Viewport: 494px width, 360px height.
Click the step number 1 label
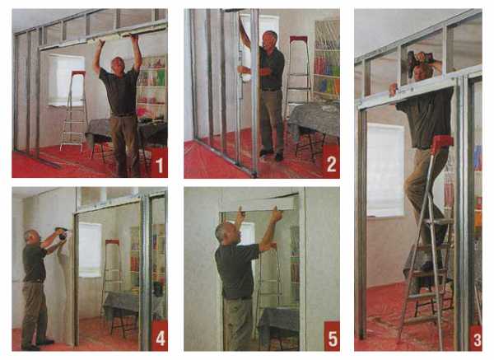[x=160, y=166]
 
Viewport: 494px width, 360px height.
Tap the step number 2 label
[x=332, y=164]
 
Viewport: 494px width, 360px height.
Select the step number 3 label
[x=478, y=339]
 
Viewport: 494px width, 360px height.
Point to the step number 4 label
[x=160, y=339]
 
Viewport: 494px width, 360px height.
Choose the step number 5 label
[x=333, y=339]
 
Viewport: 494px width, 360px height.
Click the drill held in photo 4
[x=62, y=232]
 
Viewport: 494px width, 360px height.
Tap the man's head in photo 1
[x=119, y=64]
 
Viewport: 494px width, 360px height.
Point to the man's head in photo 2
[x=270, y=39]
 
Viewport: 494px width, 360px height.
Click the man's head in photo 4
[x=32, y=238]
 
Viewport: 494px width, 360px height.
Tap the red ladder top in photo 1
[x=78, y=73]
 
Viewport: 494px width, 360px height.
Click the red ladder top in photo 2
[x=298, y=39]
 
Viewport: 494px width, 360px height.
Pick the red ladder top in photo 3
[x=441, y=143]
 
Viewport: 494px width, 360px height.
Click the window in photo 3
[x=385, y=171]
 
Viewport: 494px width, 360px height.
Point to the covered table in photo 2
[x=313, y=119]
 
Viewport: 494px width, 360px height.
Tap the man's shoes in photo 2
[x=272, y=155]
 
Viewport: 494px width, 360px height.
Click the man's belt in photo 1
[x=122, y=115]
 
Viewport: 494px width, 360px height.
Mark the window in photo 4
[x=90, y=250]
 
